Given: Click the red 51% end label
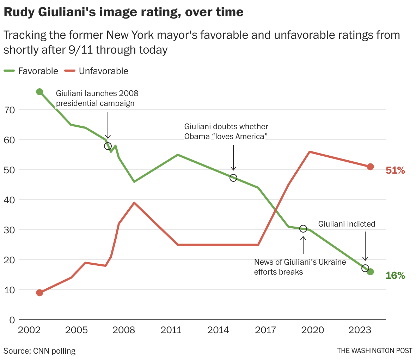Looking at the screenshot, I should coord(395,170).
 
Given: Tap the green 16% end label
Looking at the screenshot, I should coord(395,275).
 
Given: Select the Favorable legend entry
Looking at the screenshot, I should coord(31,71).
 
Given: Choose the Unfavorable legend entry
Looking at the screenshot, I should coord(97,71).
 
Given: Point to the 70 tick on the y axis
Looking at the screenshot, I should coord(10,110).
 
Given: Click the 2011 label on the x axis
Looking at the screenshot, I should coord(171,330).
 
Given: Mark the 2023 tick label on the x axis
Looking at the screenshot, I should coord(360,330).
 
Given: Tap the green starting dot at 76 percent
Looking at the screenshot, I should coord(39,92).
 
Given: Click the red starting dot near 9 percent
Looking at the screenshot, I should coord(39,293).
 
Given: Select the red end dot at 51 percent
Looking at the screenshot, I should coord(370,167).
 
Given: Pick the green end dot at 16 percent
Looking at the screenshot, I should coord(370,272).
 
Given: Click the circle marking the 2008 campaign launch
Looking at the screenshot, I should coord(108,146).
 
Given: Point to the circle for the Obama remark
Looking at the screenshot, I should coord(233,178).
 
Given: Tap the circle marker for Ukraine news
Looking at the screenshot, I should coord(303,229).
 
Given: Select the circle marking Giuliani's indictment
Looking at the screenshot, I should coord(365,268).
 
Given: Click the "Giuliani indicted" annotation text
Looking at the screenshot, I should coord(347,224).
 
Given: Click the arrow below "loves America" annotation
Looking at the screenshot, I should coord(233,157).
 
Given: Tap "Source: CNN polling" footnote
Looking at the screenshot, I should coord(39,351).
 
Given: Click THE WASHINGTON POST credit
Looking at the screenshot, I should coord(374,350).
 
